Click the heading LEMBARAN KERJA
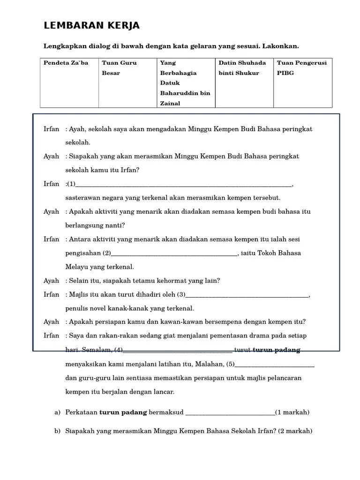91,26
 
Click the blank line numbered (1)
183,185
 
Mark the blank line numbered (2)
174,254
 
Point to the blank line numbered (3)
247,296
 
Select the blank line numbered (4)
178,351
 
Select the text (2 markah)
295,431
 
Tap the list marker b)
57,431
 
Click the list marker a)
57,412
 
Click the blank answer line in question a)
230,413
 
